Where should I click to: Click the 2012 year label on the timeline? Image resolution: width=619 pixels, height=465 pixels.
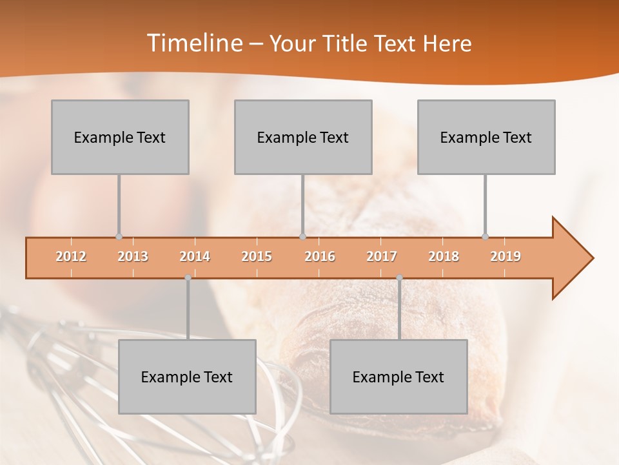[x=71, y=256]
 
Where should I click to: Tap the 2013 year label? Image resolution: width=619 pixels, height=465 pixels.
[x=133, y=256]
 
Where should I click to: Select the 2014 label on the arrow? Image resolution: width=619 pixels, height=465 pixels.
[x=195, y=256]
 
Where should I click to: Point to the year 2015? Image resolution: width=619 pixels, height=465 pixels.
[x=257, y=256]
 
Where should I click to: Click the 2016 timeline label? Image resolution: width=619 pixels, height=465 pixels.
[x=320, y=256]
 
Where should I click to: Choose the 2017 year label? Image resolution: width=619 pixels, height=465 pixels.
[x=382, y=256]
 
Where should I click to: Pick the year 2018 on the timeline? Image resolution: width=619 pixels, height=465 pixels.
[x=444, y=256]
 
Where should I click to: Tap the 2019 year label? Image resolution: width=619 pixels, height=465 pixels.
[x=506, y=256]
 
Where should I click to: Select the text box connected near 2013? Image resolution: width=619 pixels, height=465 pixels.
[x=120, y=137]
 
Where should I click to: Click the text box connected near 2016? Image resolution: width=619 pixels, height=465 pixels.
[x=303, y=137]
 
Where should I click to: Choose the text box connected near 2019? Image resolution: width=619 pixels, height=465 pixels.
[x=486, y=137]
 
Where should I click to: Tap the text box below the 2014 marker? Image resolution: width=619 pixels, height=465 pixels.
[x=187, y=377]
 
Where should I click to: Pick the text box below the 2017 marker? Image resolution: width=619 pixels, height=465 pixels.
[x=398, y=377]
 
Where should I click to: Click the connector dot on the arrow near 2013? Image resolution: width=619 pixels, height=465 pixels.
[x=119, y=236]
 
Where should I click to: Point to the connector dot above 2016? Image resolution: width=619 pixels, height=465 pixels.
[x=302, y=236]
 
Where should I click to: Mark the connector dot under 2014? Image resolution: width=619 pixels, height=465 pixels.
[x=188, y=278]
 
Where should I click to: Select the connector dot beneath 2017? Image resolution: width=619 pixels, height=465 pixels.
[x=399, y=278]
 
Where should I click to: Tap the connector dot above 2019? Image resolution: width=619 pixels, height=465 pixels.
[x=486, y=236]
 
